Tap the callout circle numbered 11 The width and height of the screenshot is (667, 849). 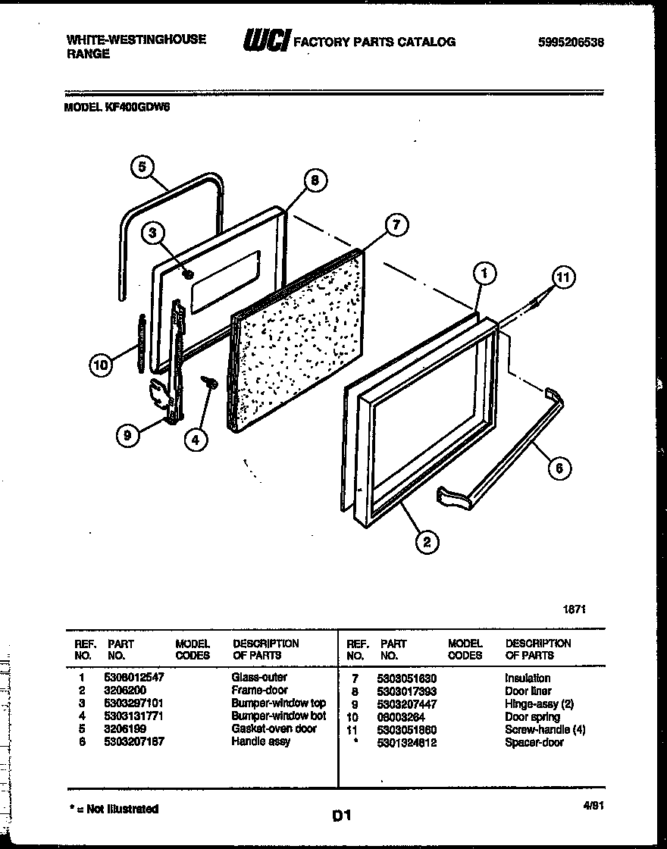(x=562, y=277)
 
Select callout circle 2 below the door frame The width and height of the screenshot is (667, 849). (x=427, y=541)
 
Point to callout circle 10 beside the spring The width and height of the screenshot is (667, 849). (x=100, y=365)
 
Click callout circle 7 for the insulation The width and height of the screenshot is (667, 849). (x=396, y=224)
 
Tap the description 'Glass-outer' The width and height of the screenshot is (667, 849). (x=259, y=677)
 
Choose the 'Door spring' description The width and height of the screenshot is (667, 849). (x=532, y=716)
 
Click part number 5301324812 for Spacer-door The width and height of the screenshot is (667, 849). (x=406, y=742)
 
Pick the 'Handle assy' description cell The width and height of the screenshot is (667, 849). (x=259, y=741)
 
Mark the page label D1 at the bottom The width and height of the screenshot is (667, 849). (x=341, y=816)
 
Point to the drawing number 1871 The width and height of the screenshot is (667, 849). (x=574, y=609)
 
